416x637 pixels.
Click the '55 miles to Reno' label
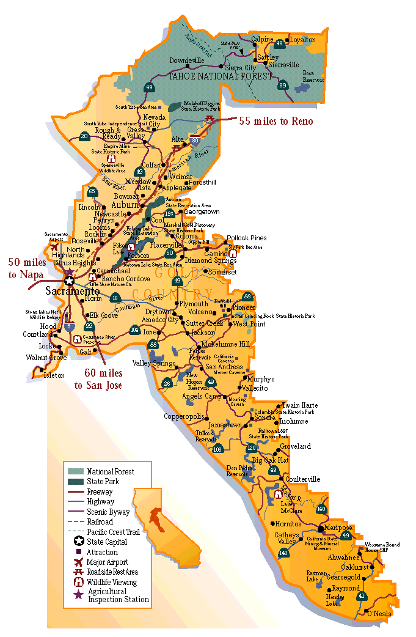275,121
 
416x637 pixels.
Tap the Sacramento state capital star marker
70,281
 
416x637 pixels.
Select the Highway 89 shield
282,86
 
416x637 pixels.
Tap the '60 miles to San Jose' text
98,379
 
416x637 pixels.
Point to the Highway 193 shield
169,213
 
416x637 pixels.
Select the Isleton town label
54,375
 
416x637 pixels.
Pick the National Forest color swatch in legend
75,471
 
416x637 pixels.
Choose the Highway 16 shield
115,298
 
